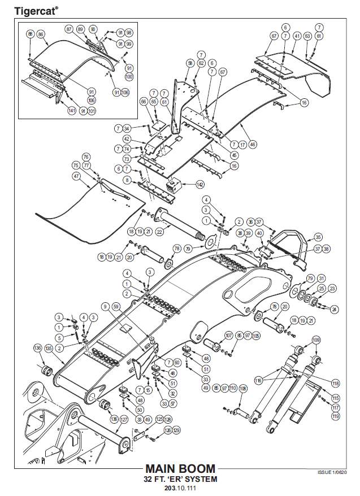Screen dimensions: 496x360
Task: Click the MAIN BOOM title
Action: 180,468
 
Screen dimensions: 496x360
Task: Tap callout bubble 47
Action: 76,176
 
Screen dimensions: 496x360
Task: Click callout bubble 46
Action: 253,145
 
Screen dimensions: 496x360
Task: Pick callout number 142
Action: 199,184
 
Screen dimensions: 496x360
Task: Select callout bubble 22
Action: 159,231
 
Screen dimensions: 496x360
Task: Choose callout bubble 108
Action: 243,389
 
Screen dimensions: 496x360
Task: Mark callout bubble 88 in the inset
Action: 30,34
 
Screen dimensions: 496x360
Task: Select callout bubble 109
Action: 316,340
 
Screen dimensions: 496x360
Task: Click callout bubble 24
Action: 334,309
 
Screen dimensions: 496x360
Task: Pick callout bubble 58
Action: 190,63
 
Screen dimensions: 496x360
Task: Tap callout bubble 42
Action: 127,138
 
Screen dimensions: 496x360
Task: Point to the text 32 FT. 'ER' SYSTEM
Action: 180,478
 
